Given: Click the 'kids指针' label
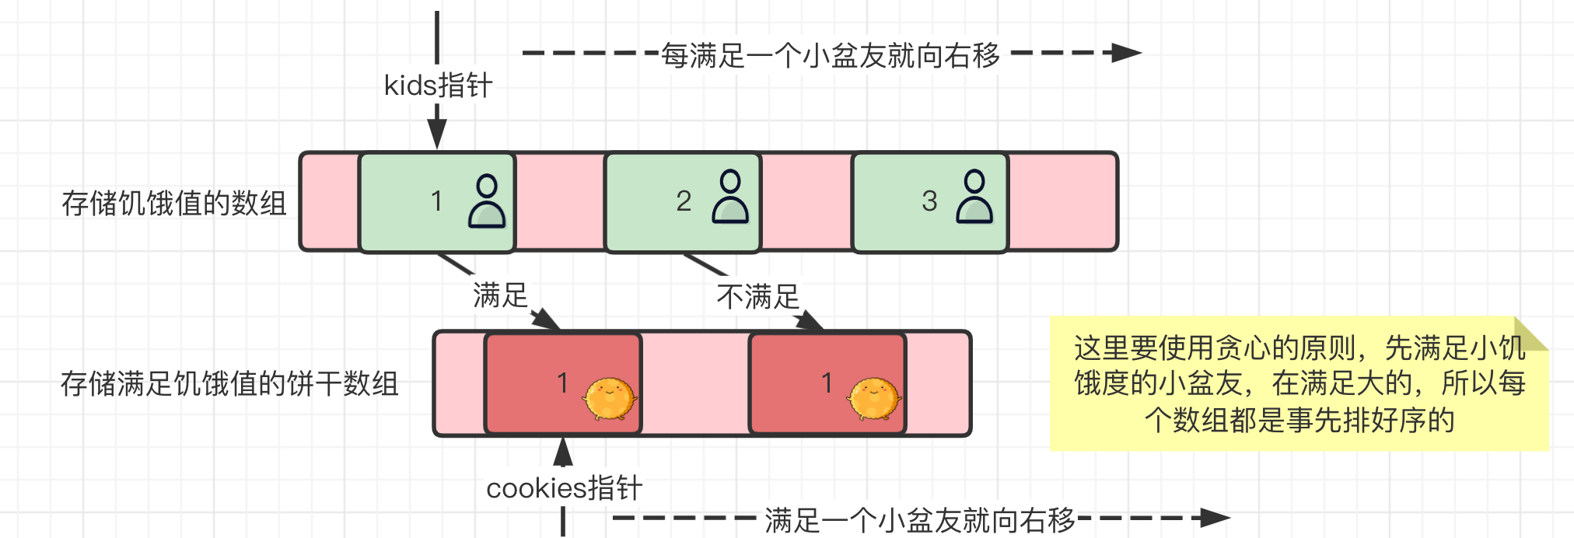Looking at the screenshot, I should pos(438,86).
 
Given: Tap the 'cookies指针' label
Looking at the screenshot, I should pos(564,488).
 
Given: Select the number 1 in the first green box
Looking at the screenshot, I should pos(436,201).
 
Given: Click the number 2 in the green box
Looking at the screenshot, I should pos(684,201).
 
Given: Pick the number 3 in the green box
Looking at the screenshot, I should pos(929,201).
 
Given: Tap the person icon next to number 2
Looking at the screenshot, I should pos(730,197).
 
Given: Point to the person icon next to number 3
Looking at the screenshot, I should pos(974,197).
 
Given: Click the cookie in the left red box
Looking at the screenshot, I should pos(610,398).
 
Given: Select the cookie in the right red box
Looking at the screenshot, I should pos(874,398).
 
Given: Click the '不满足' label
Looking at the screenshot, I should pos(757,297).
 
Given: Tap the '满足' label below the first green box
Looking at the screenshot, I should pos(500,295).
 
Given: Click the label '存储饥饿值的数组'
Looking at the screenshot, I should pos(174,203).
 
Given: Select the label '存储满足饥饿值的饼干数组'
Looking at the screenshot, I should pos(229,384).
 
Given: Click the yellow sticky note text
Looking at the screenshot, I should pos(1299,384).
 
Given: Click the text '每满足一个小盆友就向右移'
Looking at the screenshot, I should pos(830,55).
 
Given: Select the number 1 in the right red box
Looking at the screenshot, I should pos(827,383).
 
